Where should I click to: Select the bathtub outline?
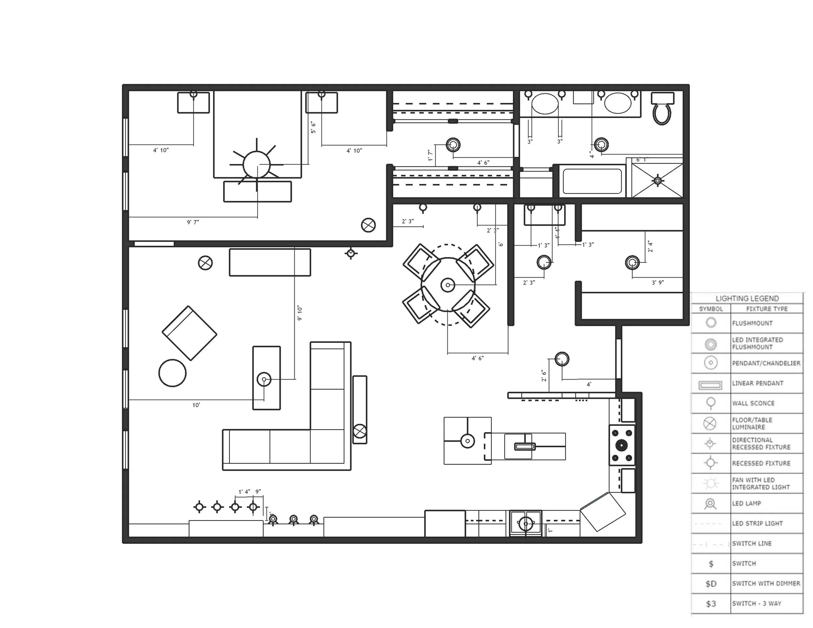click(592, 181)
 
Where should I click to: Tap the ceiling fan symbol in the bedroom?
click(257, 164)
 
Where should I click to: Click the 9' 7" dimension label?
click(193, 222)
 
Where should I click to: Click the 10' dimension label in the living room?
click(196, 405)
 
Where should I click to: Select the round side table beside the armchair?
click(172, 373)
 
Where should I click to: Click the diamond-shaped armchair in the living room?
click(190, 333)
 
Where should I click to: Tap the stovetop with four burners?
click(622, 445)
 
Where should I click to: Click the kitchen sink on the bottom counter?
click(526, 523)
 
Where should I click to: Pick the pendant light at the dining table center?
click(448, 285)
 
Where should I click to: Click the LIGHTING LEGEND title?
click(747, 298)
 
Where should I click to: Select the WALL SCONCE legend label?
click(753, 403)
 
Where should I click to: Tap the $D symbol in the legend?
click(711, 584)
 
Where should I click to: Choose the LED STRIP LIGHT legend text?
click(757, 523)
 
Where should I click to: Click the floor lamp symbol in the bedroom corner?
click(368, 225)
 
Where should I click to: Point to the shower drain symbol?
click(658, 180)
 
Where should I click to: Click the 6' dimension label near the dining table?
click(501, 244)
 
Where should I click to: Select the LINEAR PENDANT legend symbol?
click(710, 385)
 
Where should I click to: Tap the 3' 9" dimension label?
click(658, 283)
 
